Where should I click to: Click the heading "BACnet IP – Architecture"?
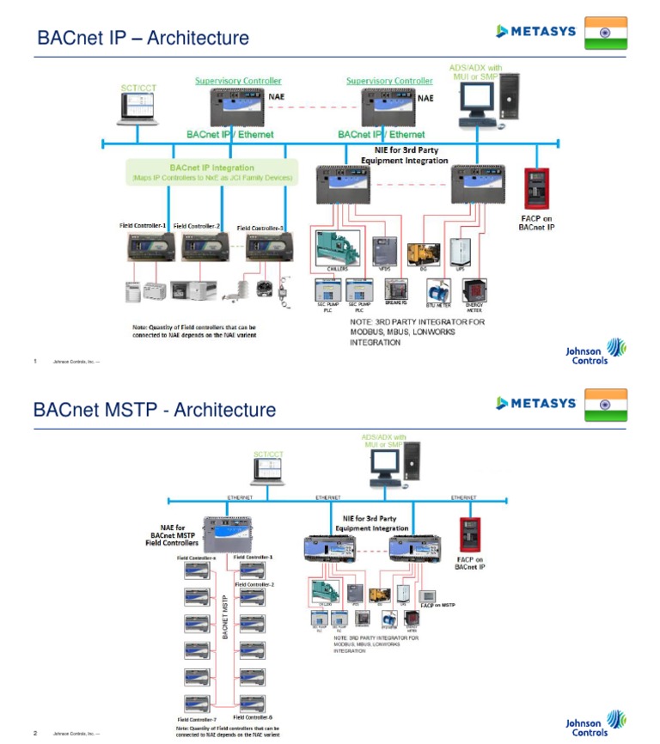tap(143, 38)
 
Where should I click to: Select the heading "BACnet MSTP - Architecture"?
tap(155, 409)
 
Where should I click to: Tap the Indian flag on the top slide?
tap(605, 32)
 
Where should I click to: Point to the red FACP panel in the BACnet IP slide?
tap(537, 188)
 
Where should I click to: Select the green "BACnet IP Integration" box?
tap(211, 172)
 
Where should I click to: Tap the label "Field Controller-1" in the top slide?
tap(143, 226)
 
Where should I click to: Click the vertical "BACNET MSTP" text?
tap(225, 617)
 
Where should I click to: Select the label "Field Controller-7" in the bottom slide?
tap(196, 718)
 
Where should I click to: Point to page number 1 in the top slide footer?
tap(35, 362)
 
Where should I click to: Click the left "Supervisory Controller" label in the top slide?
tap(238, 81)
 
